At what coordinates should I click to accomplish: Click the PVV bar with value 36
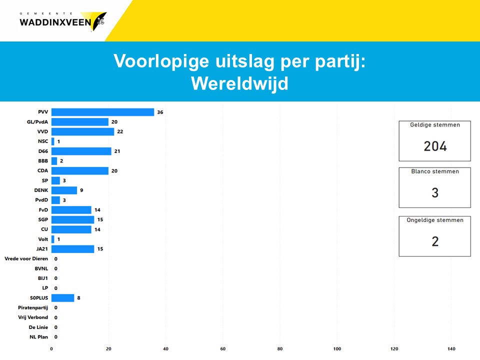tap(102, 112)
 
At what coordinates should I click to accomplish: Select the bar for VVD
tap(82, 131)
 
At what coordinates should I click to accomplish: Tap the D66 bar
tap(81, 151)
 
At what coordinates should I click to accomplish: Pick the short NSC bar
tap(53, 141)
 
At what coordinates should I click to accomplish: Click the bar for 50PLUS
tap(63, 298)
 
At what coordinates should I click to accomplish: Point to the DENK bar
tap(64, 190)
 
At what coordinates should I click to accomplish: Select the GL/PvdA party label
tap(37, 122)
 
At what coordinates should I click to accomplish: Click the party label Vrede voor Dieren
tap(26, 258)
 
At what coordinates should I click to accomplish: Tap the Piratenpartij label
tap(33, 307)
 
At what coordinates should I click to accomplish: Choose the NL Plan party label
tap(39, 337)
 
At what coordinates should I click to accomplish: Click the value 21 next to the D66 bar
tap(117, 151)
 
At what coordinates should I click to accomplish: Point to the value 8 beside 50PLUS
tap(78, 298)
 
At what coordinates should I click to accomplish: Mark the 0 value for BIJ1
tap(55, 278)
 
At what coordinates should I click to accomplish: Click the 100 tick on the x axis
tap(337, 348)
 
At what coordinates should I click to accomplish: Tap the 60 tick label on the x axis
tap(223, 348)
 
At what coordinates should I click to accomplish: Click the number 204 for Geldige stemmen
tap(435, 146)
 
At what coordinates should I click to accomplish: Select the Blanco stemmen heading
tap(435, 171)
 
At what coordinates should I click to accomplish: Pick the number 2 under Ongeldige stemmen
tap(435, 241)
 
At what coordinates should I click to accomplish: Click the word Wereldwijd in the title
tap(239, 83)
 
